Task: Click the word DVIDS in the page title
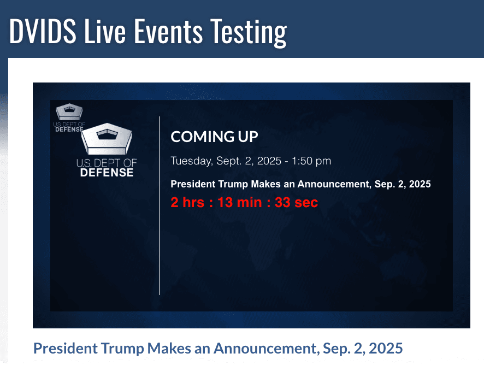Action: pos(43,31)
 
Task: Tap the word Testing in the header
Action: pos(249,32)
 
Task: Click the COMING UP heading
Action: pos(214,137)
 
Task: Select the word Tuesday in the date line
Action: pos(191,161)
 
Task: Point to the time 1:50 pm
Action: pos(311,161)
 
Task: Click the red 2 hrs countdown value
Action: pos(187,203)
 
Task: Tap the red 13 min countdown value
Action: pos(240,203)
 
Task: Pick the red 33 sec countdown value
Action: pos(296,203)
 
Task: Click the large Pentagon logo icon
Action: pos(107,139)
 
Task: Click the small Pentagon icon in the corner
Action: pos(69,111)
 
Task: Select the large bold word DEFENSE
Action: pos(107,173)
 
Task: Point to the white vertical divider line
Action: pos(160,205)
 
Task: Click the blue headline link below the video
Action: pos(218,348)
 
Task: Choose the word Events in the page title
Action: pos(168,31)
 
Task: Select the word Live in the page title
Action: pos(105,31)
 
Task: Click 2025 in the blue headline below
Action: pos(386,348)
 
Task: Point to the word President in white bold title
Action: pos(193,184)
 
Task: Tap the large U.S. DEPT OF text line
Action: pos(107,163)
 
